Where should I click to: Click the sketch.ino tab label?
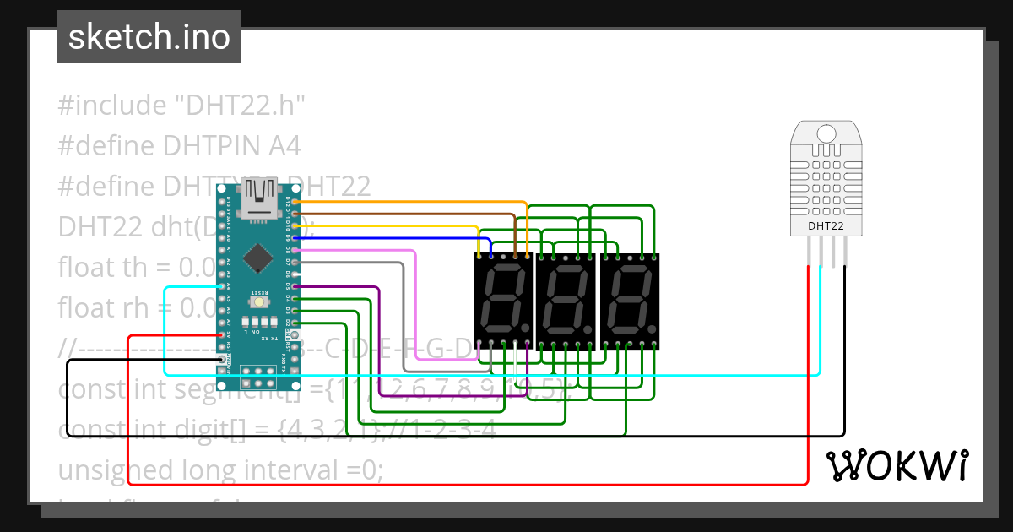149,37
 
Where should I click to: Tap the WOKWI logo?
897,465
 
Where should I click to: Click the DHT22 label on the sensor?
825,225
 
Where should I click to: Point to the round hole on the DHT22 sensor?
825,133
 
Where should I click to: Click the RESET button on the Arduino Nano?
258,301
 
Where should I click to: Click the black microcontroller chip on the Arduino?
257,258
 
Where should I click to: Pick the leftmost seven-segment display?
502,301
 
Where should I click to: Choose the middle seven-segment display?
566,301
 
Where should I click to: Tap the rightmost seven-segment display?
629,301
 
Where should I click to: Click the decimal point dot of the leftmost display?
525,328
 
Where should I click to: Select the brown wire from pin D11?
405,214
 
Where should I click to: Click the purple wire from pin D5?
338,287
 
